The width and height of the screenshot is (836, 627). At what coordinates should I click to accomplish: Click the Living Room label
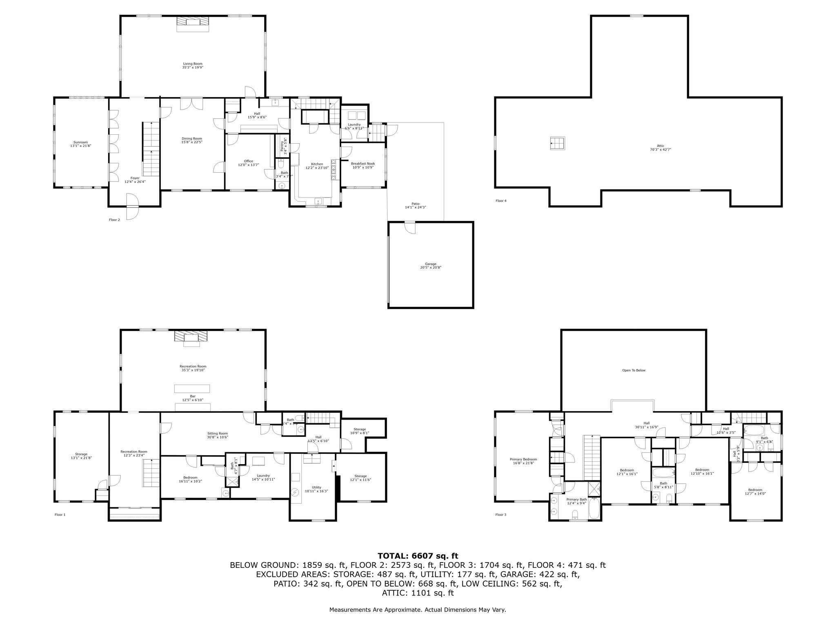(193, 64)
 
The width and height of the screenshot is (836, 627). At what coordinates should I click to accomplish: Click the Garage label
(431, 264)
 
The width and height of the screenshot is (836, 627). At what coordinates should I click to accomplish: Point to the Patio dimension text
(415, 207)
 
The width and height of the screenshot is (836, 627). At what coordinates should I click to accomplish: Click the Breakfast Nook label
(363, 163)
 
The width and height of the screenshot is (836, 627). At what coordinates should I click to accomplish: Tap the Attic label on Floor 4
(660, 146)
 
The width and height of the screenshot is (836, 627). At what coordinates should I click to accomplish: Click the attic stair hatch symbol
(557, 143)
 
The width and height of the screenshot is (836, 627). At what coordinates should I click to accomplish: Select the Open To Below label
(634, 370)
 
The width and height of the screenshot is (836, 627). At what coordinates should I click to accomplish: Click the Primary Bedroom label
(523, 459)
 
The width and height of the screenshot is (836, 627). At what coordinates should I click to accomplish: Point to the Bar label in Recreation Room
(193, 396)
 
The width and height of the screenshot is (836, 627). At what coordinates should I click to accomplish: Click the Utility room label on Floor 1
(316, 487)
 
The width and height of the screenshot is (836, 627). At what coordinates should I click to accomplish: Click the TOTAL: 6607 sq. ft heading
(418, 556)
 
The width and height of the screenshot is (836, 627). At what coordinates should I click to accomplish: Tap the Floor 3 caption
(500, 515)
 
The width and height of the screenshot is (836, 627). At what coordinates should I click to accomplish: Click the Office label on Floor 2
(249, 161)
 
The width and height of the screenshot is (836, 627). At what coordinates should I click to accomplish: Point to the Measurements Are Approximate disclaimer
(418, 609)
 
